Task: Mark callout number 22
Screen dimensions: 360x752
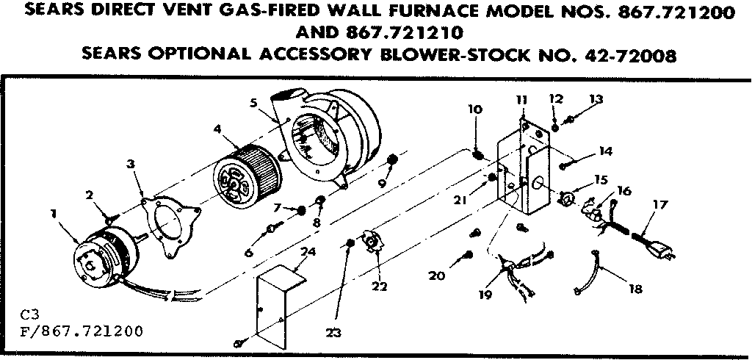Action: (380, 287)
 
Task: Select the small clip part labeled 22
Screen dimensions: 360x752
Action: (376, 244)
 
